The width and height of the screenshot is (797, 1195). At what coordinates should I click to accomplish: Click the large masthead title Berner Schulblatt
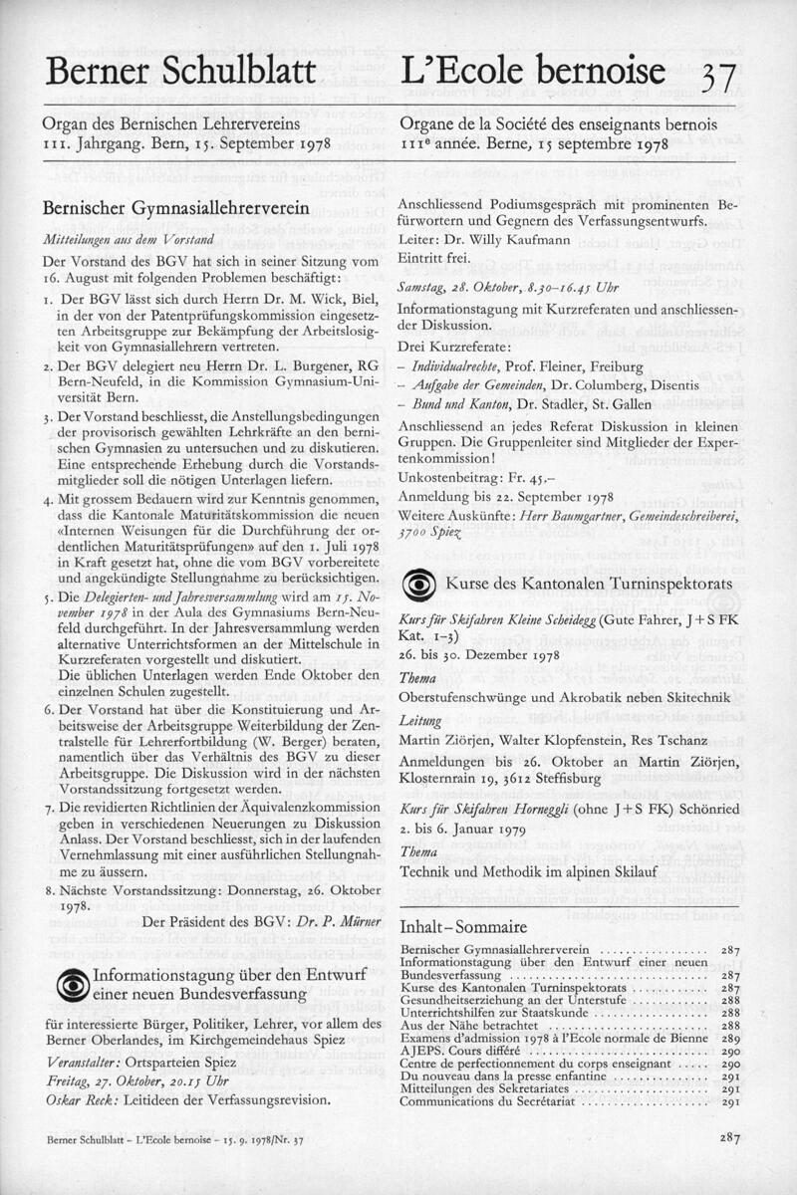pos(180,73)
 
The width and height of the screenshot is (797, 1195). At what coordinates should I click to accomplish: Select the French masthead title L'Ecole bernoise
pos(531,71)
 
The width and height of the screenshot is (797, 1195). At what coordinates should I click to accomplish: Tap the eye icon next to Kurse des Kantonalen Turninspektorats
pos(417,583)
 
